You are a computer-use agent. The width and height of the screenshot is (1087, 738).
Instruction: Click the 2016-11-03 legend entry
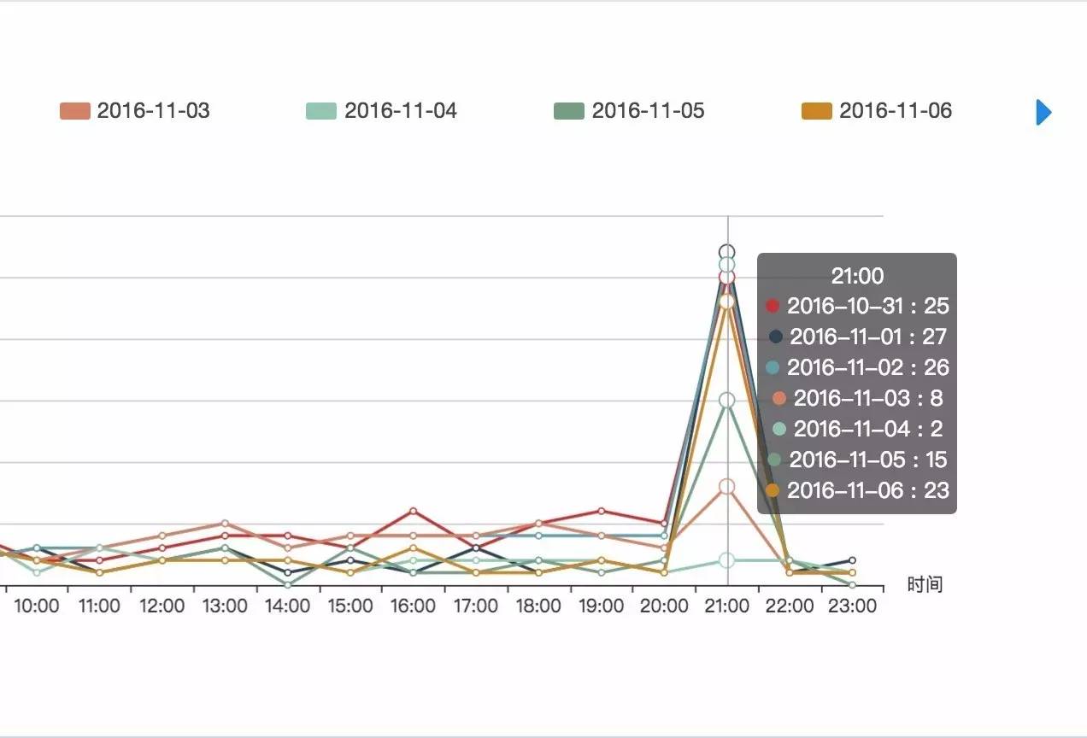point(136,111)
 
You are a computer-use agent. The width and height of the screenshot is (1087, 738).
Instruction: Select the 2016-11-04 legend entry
point(383,111)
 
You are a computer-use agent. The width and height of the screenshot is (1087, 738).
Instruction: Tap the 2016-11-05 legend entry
point(630,111)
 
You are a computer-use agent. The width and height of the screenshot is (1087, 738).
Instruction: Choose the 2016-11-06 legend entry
point(878,111)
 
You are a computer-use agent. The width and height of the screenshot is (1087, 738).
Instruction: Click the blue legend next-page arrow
point(1043,112)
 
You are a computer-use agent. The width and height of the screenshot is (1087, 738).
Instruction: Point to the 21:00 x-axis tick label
point(727,606)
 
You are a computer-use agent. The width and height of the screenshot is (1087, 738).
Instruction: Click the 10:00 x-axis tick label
point(37,606)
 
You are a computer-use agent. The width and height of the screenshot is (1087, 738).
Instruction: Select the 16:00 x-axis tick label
point(413,606)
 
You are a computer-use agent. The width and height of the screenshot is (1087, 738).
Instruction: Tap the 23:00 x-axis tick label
point(852,606)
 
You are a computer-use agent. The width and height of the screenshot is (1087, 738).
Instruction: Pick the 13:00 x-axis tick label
point(225,606)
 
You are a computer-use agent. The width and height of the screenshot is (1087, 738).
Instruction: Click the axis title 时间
point(925,585)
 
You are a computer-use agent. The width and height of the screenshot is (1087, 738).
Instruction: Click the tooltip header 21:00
point(857,276)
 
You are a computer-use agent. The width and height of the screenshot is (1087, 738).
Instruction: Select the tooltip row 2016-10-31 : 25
point(857,306)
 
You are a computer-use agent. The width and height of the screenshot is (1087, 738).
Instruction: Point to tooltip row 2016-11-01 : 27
point(857,337)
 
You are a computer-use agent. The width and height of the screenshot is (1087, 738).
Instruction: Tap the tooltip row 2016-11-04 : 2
point(857,429)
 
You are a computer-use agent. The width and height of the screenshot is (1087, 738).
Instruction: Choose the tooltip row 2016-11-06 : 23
point(857,490)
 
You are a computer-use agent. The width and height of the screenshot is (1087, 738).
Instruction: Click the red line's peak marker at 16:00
point(413,511)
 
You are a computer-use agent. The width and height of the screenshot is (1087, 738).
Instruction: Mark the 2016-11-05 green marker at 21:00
point(727,400)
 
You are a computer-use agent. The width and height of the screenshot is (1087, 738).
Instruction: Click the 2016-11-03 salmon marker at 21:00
point(727,486)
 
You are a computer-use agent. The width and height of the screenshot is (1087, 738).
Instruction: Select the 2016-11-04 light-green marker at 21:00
point(727,560)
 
